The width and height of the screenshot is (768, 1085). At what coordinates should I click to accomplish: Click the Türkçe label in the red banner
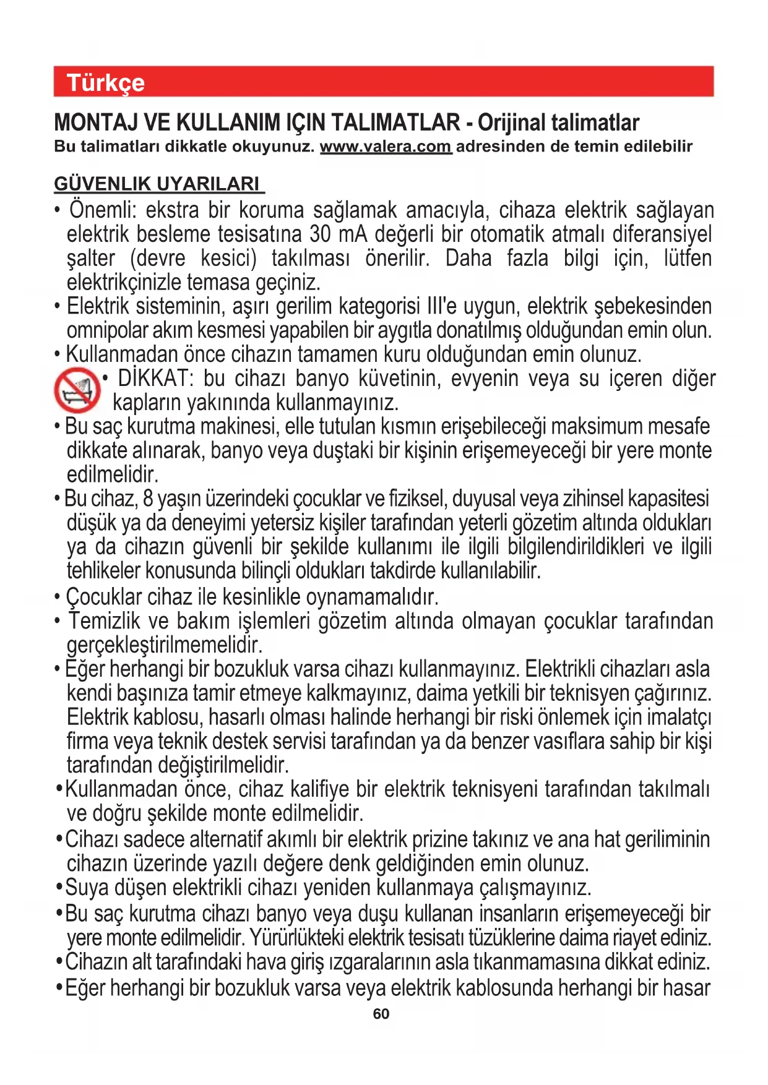(105, 83)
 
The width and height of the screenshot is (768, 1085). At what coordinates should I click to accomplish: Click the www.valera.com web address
(386, 147)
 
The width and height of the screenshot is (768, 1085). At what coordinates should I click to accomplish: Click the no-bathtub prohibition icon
(77, 390)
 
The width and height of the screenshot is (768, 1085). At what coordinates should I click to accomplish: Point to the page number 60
(381, 1014)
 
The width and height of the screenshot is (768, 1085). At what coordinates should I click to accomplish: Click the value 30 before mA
(320, 234)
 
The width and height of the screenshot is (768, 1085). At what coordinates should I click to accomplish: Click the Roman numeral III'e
(441, 306)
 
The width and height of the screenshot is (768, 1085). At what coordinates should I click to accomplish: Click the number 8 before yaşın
(148, 499)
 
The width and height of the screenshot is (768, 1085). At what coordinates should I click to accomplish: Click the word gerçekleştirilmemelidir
(165, 645)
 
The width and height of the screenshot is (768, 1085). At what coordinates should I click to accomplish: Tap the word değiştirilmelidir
(223, 765)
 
